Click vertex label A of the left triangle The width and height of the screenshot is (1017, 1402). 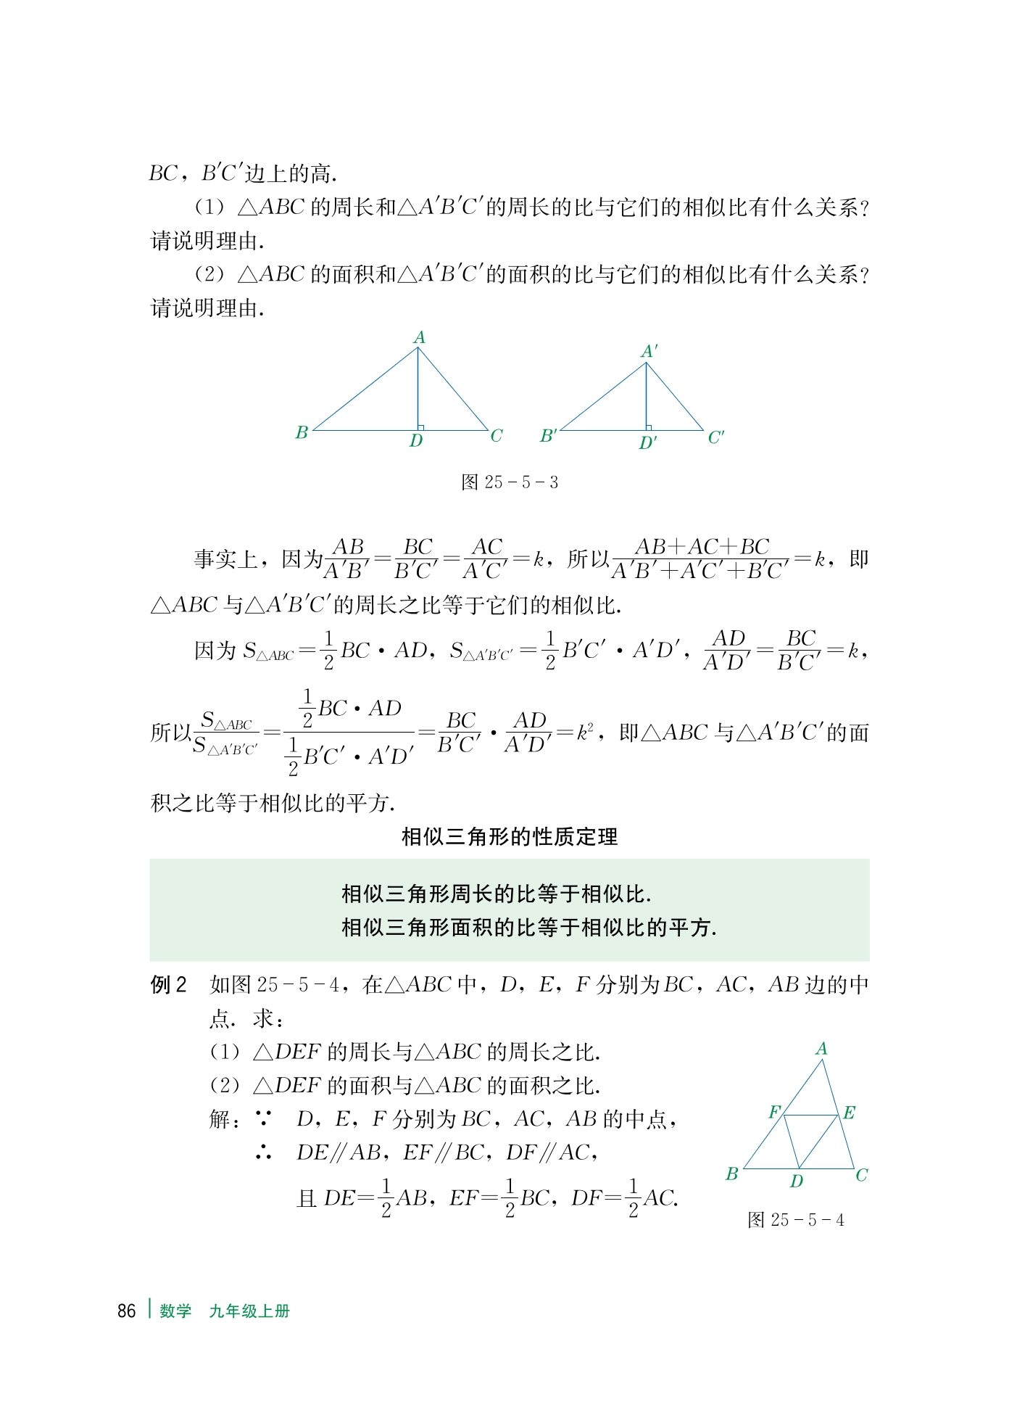[419, 337]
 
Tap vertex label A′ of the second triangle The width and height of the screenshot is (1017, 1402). [649, 352]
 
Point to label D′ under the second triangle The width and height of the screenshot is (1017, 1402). [647, 442]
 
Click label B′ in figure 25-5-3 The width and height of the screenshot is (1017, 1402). [548, 436]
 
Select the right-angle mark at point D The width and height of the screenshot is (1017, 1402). [420, 427]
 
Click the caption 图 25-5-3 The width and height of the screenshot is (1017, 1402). [510, 482]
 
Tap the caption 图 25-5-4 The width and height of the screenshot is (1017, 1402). [795, 1220]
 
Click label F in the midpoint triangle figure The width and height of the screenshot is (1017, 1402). [774, 1112]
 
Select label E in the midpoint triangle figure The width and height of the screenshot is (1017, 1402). [849, 1113]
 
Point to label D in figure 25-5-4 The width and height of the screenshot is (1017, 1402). [796, 1182]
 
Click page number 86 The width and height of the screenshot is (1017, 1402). [126, 1311]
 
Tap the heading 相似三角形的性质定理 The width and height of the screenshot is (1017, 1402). [510, 837]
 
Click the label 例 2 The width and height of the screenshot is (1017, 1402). [168, 984]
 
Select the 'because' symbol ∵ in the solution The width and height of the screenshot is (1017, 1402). [264, 1119]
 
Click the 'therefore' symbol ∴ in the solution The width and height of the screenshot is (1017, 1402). [264, 1152]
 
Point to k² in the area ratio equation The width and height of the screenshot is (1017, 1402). [584, 732]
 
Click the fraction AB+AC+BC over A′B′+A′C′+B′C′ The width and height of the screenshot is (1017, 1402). [700, 559]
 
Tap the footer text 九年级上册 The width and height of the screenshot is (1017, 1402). [249, 1311]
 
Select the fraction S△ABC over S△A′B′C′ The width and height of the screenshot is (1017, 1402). [225, 733]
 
